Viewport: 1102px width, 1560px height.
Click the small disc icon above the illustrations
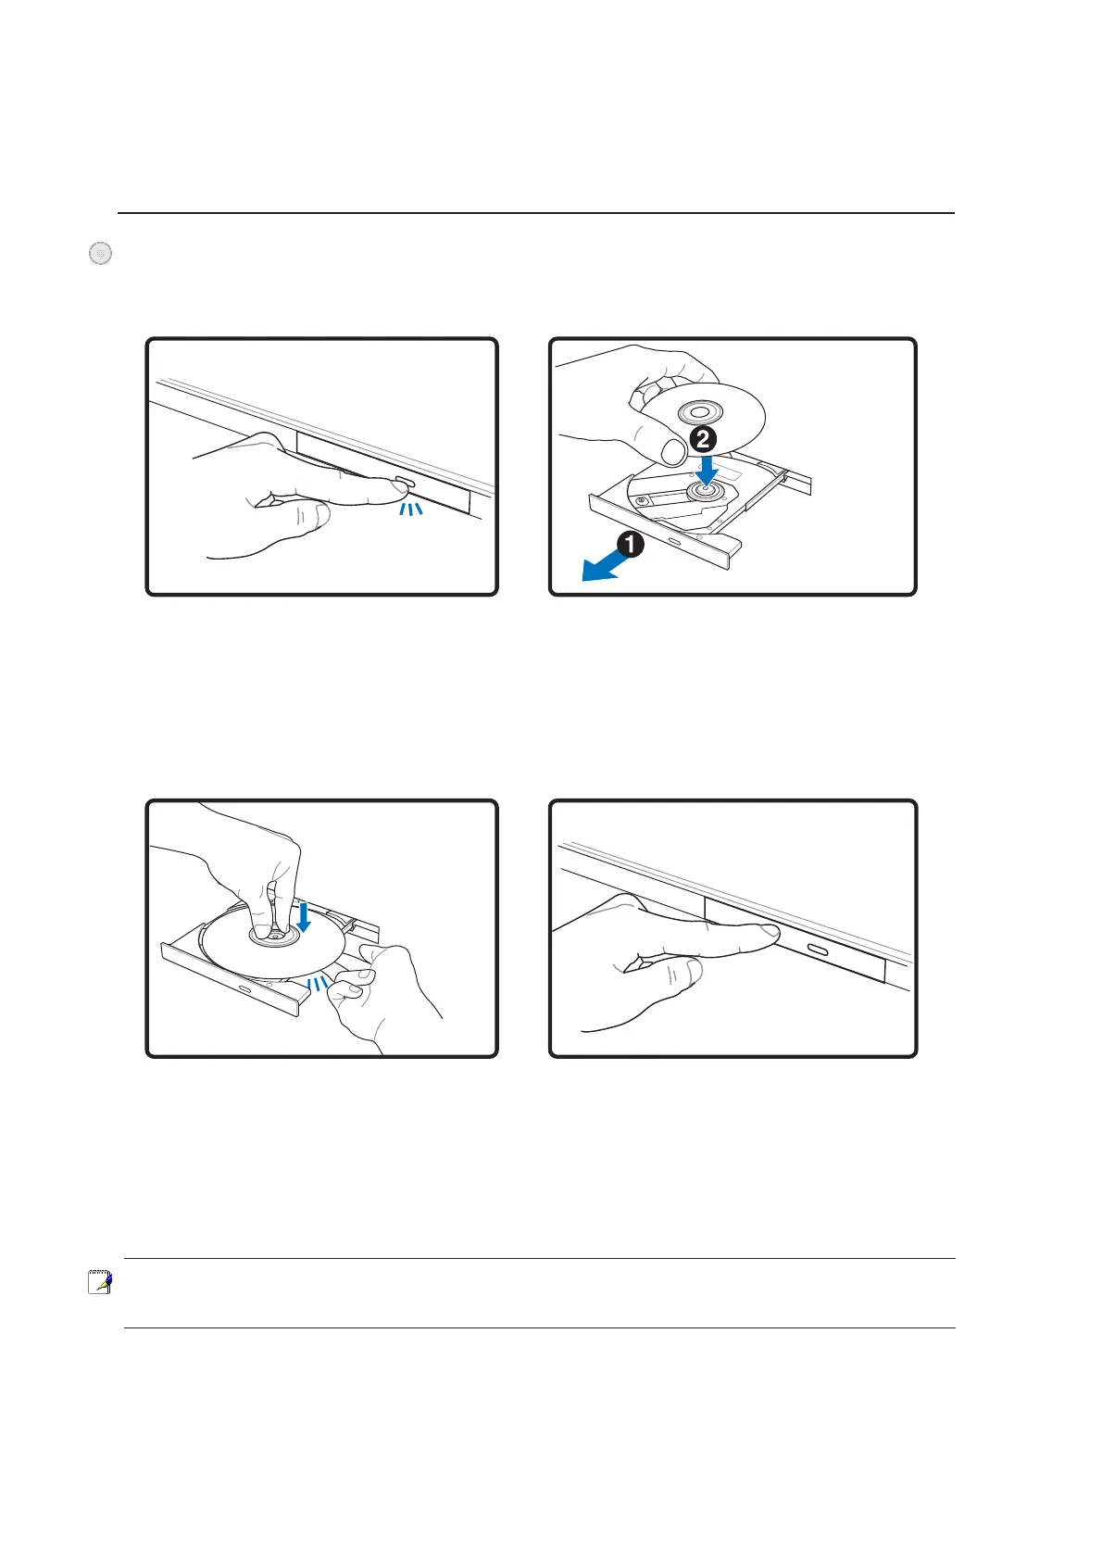click(100, 253)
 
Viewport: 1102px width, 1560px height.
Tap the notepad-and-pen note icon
click(99, 1282)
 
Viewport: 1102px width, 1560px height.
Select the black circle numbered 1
click(631, 544)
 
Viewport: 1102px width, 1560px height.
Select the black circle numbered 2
click(703, 440)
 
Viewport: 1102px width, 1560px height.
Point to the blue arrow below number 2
click(708, 470)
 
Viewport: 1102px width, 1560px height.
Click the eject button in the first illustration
click(405, 481)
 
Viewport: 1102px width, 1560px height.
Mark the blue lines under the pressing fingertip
click(411, 510)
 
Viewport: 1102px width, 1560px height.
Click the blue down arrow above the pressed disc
click(303, 917)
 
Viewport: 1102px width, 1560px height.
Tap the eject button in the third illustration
click(244, 989)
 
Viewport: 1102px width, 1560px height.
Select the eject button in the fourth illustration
click(818, 949)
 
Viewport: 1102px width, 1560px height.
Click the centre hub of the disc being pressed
click(275, 937)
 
